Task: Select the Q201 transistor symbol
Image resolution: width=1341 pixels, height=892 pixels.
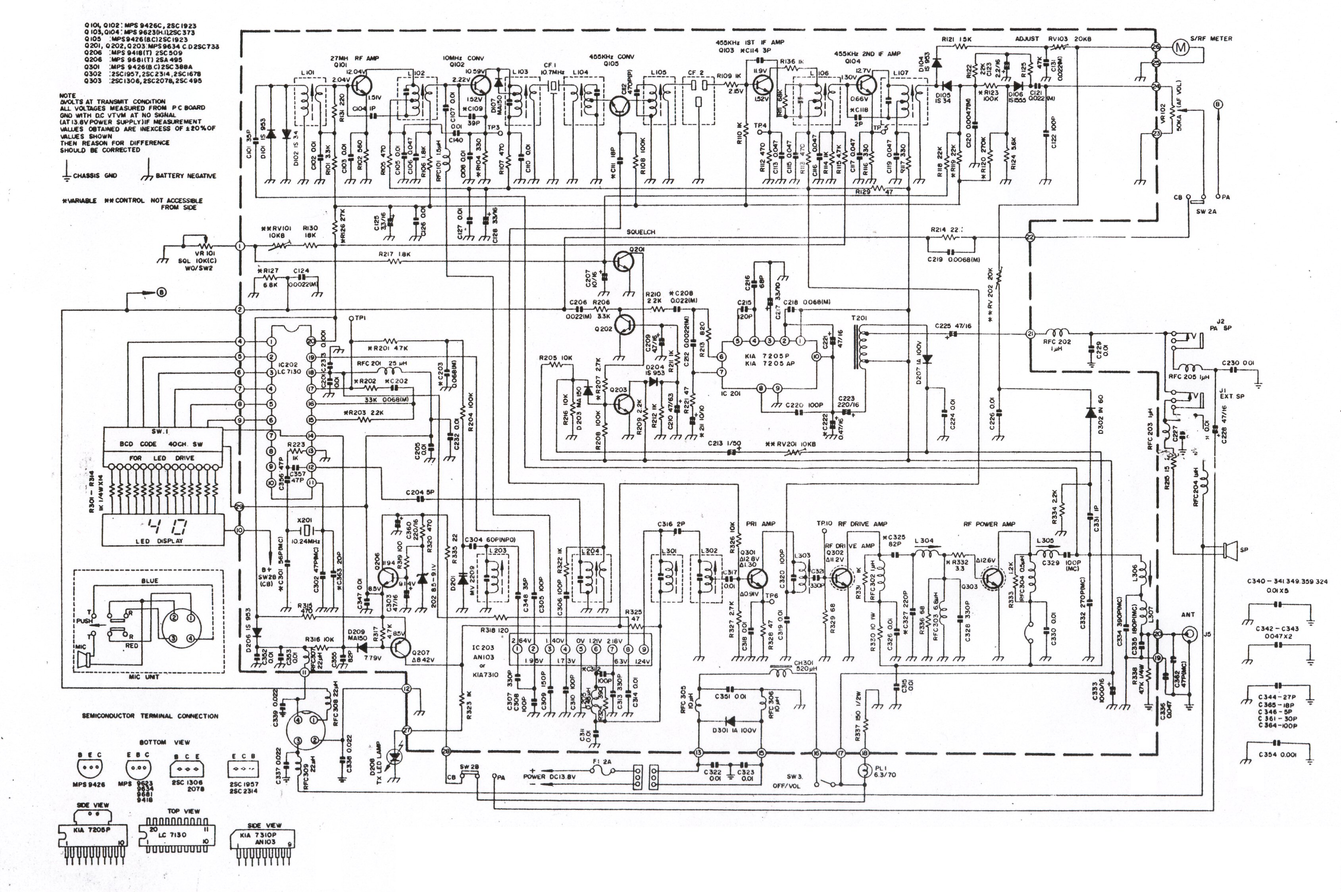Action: pyautogui.click(x=624, y=261)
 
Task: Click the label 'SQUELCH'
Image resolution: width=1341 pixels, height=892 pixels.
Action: pyautogui.click(x=641, y=232)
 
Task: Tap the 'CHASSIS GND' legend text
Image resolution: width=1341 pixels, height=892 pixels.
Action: pyautogui.click(x=95, y=176)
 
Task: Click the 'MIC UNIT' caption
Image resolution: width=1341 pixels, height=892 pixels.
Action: pyautogui.click(x=144, y=677)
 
